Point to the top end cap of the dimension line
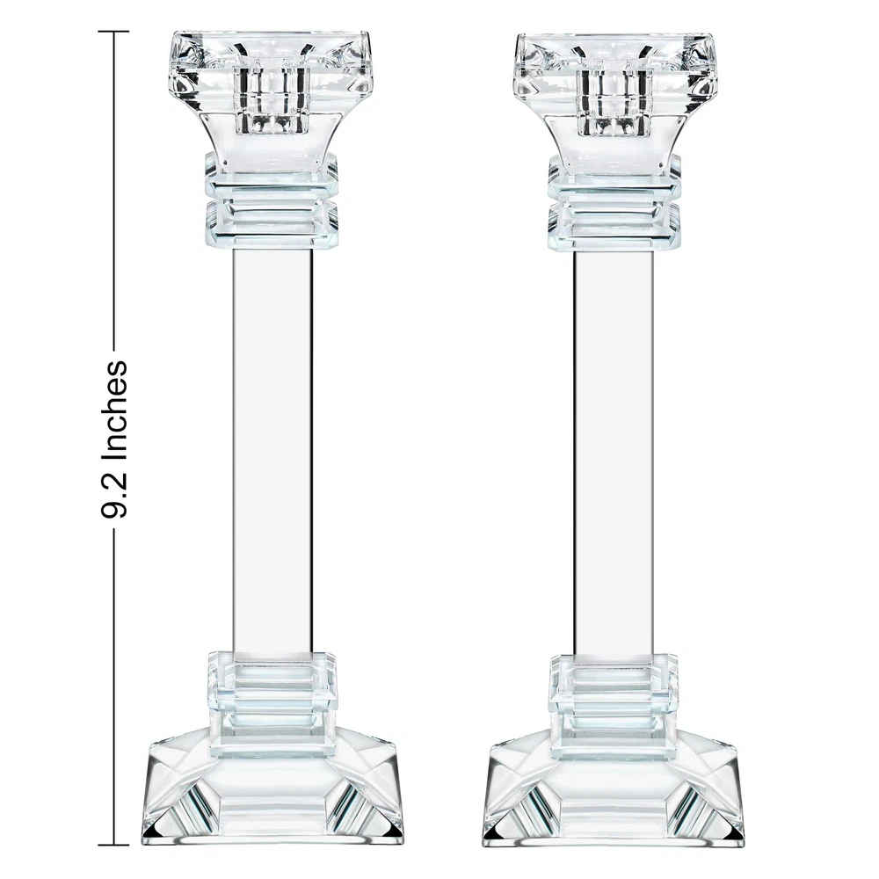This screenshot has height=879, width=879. tap(113, 32)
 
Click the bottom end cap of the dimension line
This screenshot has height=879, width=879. tap(113, 844)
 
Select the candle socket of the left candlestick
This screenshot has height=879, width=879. tap(272, 99)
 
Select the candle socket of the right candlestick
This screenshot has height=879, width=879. tap(614, 99)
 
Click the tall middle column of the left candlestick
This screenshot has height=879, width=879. tap(272, 451)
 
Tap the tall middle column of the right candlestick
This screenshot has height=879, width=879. tap(614, 454)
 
